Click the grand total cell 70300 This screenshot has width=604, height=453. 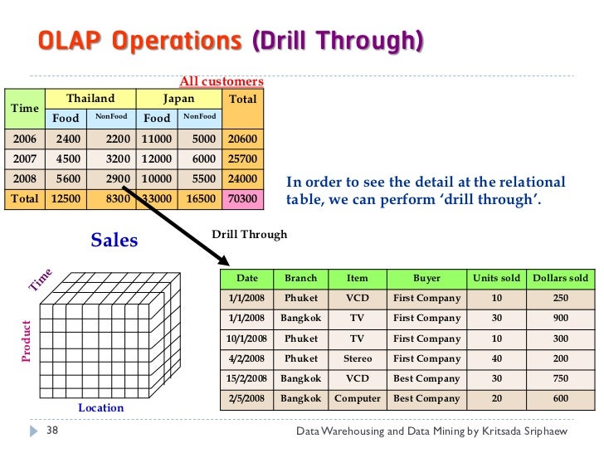(243, 199)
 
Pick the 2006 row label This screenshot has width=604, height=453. (25, 139)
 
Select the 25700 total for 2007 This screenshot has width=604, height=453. (243, 158)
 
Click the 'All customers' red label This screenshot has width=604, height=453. (222, 81)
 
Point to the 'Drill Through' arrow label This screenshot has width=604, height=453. (249, 235)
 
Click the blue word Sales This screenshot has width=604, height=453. (114, 241)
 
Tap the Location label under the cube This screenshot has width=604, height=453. (100, 407)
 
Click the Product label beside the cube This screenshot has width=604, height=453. (26, 341)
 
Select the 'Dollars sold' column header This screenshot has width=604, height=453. (560, 279)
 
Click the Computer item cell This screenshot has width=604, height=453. (357, 399)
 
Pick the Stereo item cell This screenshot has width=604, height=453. (357, 359)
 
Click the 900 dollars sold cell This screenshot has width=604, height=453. (561, 319)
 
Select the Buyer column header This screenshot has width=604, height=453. (426, 279)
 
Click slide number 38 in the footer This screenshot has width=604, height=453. (51, 432)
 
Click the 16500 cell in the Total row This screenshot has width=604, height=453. (200, 199)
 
